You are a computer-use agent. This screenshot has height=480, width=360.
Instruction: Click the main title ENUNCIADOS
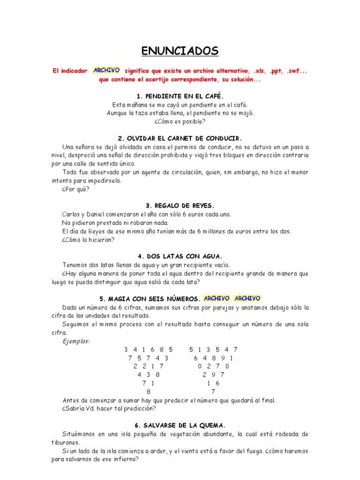pyautogui.click(x=180, y=51)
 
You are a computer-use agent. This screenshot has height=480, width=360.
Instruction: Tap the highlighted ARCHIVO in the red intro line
pyautogui.click(x=106, y=70)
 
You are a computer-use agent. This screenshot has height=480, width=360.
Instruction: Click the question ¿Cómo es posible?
pyautogui.click(x=180, y=121)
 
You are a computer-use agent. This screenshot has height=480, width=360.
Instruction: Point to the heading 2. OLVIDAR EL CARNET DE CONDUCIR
pyautogui.click(x=180, y=138)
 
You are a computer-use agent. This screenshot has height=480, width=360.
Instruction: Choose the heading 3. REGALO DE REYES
pyautogui.click(x=180, y=206)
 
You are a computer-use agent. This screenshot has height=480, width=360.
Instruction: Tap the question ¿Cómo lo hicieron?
pyautogui.click(x=88, y=240)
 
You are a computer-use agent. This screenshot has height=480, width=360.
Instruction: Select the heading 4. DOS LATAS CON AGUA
pyautogui.click(x=180, y=256)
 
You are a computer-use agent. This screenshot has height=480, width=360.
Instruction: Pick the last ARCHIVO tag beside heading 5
pyautogui.click(x=247, y=298)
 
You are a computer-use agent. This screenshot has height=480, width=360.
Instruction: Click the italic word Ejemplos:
pyautogui.click(x=76, y=341)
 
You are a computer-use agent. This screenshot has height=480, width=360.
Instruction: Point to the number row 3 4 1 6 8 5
pyautogui.click(x=149, y=349)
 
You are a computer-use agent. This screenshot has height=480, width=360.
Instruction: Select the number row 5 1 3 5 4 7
pyautogui.click(x=213, y=349)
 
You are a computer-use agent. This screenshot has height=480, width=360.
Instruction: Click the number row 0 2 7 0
pyautogui.click(x=213, y=366)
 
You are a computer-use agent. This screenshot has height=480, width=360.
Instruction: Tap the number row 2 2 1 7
pyautogui.click(x=149, y=366)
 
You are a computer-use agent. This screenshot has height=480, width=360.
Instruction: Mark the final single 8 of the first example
pyautogui.click(x=149, y=391)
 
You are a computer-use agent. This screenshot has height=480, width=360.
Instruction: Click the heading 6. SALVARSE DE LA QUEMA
pyautogui.click(x=180, y=425)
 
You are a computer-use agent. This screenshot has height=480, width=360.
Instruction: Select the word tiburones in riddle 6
pyautogui.click(x=66, y=442)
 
